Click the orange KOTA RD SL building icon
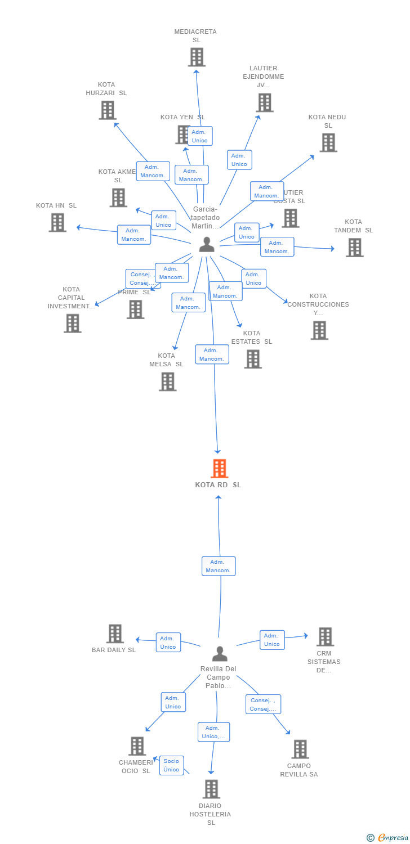click(219, 468)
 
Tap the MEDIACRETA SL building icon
click(196, 57)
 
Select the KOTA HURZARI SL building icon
click(107, 110)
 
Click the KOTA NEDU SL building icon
click(328, 142)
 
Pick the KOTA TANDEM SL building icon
click(354, 248)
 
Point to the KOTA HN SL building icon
click(57, 223)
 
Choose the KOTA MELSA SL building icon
click(167, 381)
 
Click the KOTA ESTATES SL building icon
click(252, 359)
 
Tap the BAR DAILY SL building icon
click(115, 634)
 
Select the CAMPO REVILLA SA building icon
click(300, 749)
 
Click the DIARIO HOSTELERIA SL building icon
click(211, 789)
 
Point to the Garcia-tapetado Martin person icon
click(207, 245)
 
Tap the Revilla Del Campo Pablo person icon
click(219, 654)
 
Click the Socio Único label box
click(171, 765)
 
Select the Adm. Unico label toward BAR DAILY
click(168, 643)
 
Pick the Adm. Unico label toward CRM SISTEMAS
click(271, 640)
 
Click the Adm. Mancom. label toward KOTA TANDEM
click(277, 247)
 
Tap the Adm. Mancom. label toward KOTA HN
click(133, 235)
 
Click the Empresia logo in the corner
click(387, 838)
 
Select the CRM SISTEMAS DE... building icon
click(324, 637)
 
